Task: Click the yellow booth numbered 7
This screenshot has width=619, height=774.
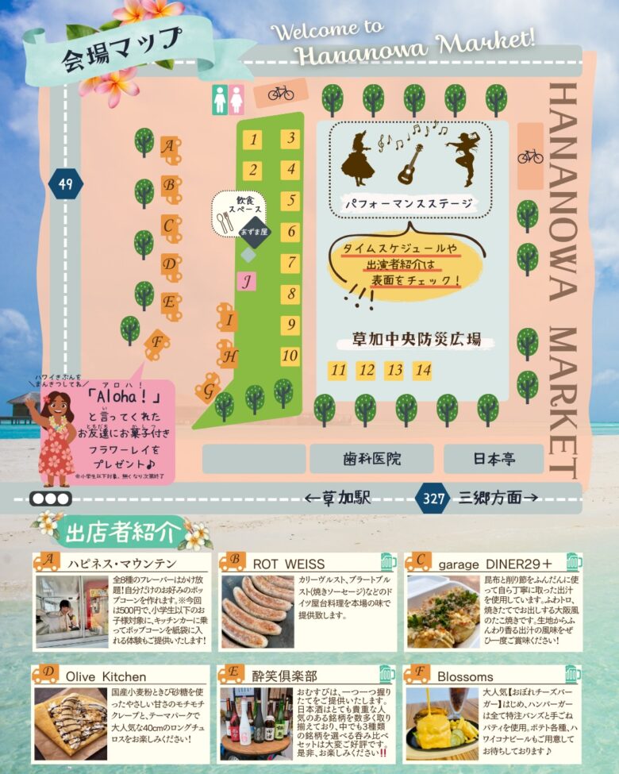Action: pyautogui.click(x=290, y=263)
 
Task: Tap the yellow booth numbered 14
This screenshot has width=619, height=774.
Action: pyautogui.click(x=422, y=370)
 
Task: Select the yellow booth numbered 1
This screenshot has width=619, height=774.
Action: pyautogui.click(x=252, y=141)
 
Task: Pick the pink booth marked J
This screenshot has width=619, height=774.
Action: pyautogui.click(x=247, y=280)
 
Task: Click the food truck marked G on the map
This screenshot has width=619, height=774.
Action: pyautogui.click(x=209, y=388)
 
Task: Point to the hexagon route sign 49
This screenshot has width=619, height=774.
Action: pyautogui.click(x=65, y=185)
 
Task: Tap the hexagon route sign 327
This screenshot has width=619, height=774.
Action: pyautogui.click(x=433, y=498)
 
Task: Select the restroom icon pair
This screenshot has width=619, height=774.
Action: pyautogui.click(x=228, y=101)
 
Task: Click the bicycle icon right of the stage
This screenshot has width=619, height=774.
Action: pyautogui.click(x=530, y=156)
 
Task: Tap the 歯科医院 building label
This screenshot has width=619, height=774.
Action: pyautogui.click(x=371, y=459)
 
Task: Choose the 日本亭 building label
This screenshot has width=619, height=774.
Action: pyautogui.click(x=493, y=459)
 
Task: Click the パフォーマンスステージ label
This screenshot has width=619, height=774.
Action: pyautogui.click(x=410, y=204)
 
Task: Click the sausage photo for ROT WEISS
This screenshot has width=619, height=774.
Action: pyautogui.click(x=256, y=610)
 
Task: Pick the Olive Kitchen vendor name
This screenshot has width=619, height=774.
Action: pyautogui.click(x=106, y=676)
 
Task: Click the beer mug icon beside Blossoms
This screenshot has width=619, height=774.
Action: pyautogui.click(x=573, y=675)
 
